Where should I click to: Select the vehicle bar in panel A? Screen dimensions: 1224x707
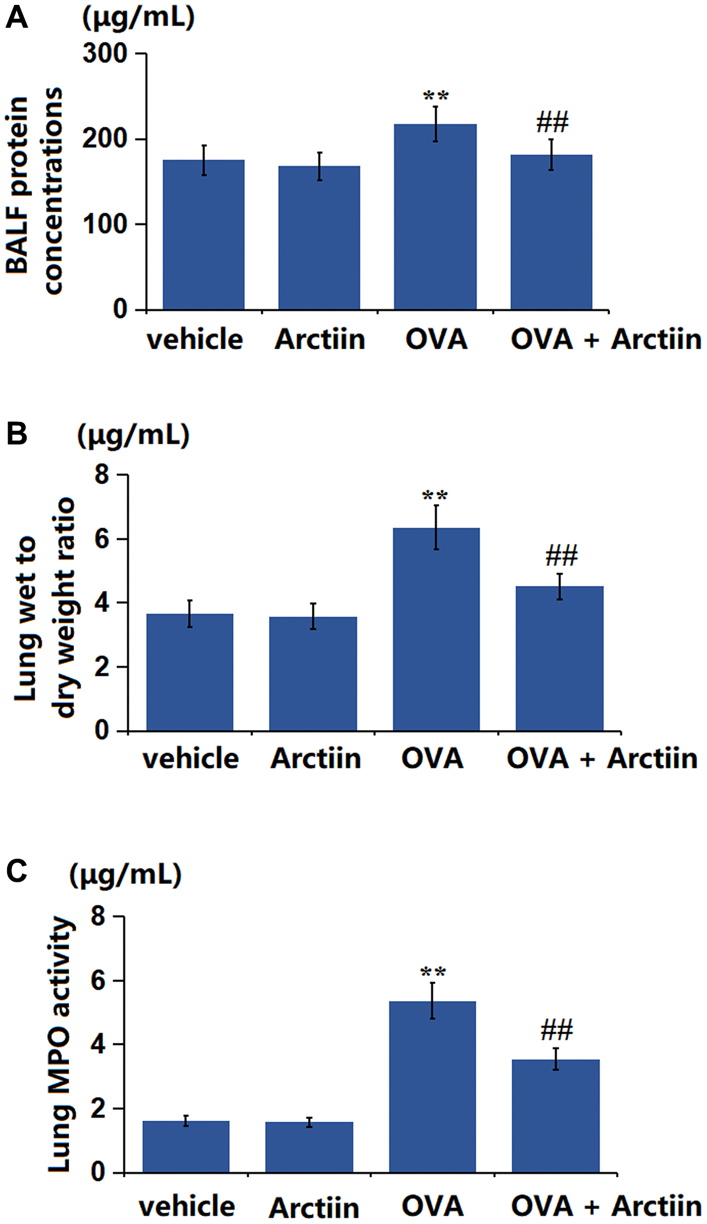[204, 234]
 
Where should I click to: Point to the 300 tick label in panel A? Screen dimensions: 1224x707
[105, 54]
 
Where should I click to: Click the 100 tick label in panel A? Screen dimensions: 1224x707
[105, 224]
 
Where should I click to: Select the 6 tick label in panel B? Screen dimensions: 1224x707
[102, 539]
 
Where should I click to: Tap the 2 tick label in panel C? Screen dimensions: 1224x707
[99, 1109]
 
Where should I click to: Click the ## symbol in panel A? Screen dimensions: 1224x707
[552, 122]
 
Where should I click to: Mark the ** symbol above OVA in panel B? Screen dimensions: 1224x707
[435, 496]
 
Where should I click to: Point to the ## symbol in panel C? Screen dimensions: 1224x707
[556, 1030]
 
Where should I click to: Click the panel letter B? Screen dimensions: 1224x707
[17, 434]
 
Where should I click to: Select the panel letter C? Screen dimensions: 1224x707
[17, 871]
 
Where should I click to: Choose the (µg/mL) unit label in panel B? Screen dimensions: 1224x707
[133, 435]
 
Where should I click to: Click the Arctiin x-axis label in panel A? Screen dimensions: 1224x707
[320, 339]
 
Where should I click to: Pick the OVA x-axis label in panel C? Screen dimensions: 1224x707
[433, 1206]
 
